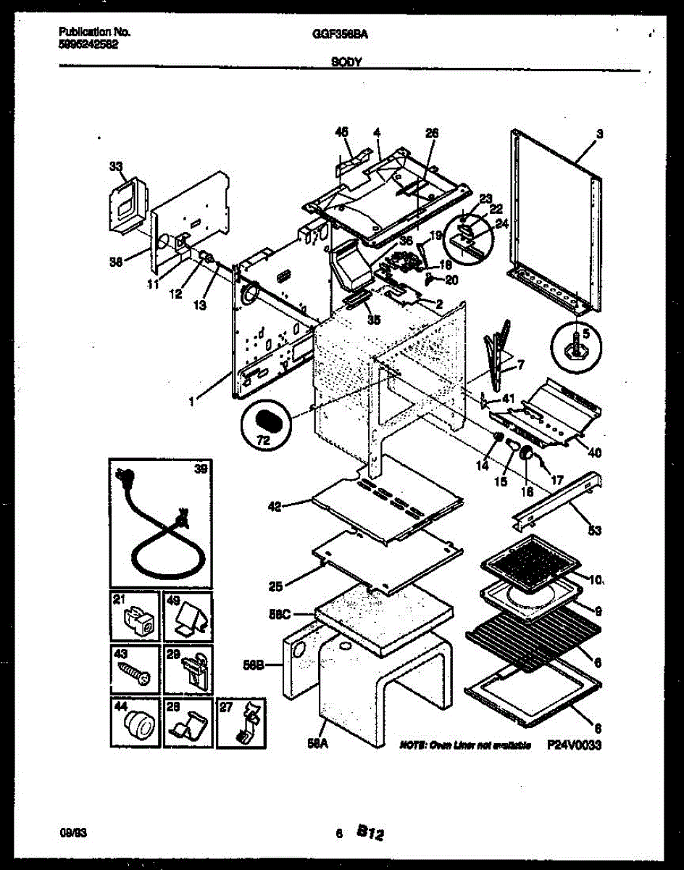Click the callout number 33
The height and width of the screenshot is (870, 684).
click(x=116, y=167)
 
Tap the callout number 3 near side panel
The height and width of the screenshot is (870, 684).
click(x=600, y=134)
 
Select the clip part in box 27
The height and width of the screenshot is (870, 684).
click(x=243, y=723)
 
